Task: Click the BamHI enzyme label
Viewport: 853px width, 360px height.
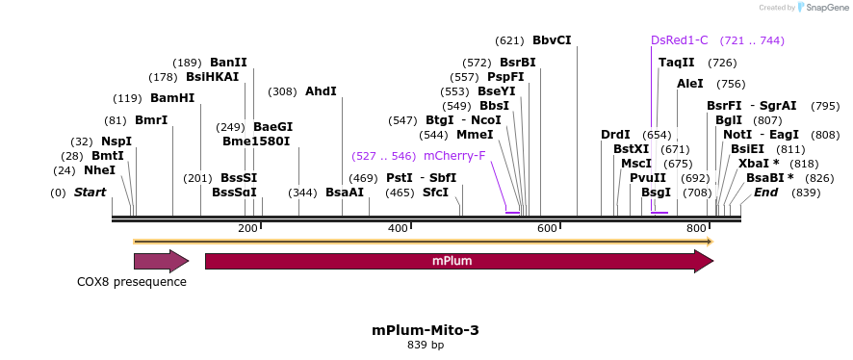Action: coord(172,98)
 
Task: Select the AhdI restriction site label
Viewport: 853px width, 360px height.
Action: coord(321,91)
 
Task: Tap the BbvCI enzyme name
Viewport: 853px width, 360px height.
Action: coord(552,40)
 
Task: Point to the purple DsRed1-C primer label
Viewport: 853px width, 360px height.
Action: coord(679,40)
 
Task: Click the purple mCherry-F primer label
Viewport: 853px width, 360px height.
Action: coord(454,155)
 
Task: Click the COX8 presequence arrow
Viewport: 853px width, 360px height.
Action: coord(161,261)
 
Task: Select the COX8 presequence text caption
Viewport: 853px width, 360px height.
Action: coord(132,282)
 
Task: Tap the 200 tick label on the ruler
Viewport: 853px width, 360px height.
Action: coord(247,228)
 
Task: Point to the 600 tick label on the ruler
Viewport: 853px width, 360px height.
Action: coord(548,228)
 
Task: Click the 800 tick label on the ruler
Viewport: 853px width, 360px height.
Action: coord(697,228)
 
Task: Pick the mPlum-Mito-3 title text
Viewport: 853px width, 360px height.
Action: coord(426,330)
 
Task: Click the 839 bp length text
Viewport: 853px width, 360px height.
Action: coord(426,345)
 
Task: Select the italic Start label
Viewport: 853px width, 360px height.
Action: coord(90,193)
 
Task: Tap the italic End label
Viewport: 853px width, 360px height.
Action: coord(765,193)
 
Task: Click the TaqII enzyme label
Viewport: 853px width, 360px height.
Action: coord(676,63)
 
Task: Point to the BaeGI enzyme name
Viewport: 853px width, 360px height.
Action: coord(272,127)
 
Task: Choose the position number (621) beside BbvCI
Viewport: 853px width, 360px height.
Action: coord(509,40)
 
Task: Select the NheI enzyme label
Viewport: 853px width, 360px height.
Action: coord(99,170)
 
